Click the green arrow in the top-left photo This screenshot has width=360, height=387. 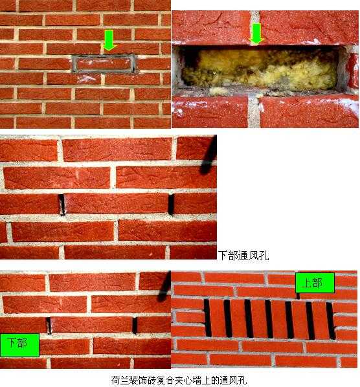[x=109, y=40]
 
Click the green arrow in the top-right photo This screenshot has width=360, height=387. [x=256, y=34]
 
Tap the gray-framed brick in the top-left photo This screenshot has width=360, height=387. [x=104, y=64]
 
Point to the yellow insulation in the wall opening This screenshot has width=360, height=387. [x=259, y=70]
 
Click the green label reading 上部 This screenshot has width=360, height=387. [x=315, y=283]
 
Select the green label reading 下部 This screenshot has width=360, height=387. [x=20, y=345]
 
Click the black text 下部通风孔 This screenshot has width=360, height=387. [x=243, y=256]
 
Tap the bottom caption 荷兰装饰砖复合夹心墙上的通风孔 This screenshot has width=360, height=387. [x=179, y=381]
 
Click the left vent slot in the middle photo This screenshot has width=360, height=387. [x=62, y=205]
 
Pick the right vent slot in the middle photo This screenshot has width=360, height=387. [x=171, y=204]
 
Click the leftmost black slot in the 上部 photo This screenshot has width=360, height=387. [x=208, y=318]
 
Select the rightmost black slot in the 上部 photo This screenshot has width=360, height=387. [x=331, y=320]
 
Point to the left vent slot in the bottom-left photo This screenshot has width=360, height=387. [x=49, y=326]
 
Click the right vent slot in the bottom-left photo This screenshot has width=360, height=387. [x=135, y=325]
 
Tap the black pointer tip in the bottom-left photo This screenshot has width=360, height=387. [x=161, y=298]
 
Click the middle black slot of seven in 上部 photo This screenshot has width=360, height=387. [x=269, y=319]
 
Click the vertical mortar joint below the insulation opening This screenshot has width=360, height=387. [x=254, y=111]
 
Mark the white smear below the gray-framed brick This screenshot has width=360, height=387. [x=86, y=79]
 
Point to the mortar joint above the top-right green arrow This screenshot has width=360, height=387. [x=255, y=17]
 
